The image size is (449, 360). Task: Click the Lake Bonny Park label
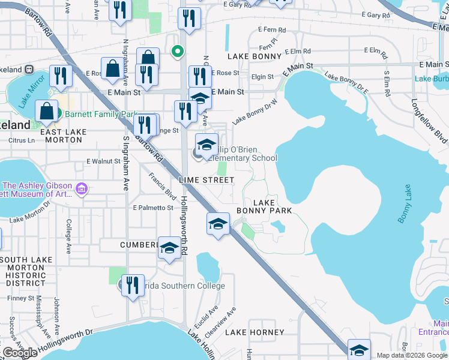pyautogui.click(x=264, y=207)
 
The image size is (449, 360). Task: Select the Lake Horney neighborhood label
pyautogui.click(x=255, y=332)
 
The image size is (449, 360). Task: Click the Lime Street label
pyautogui.click(x=206, y=180)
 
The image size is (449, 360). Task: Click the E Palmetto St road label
pyautogui.click(x=153, y=208)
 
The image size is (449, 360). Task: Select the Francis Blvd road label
pyautogui.click(x=162, y=187)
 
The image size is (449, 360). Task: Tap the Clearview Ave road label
pyautogui.click(x=229, y=318)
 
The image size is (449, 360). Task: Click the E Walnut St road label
pyautogui.click(x=104, y=161)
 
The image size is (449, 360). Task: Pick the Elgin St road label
pyautogui.click(x=262, y=77)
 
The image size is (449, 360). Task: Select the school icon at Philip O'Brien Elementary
pyautogui.click(x=206, y=145)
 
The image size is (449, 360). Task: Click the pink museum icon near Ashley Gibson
pyautogui.click(x=82, y=190)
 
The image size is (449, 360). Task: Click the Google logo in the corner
pyautogui.click(x=20, y=353)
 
